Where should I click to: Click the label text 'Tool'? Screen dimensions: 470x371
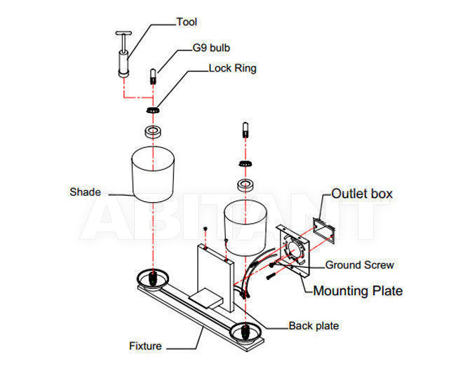187,22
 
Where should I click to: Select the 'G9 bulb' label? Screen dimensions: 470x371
211,48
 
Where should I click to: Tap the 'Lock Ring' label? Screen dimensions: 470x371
232,68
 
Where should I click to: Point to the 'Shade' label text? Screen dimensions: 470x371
85,191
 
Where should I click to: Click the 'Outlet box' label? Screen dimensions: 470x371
362,194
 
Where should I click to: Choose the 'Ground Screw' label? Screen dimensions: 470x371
359,265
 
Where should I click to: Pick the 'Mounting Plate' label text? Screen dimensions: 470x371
358,290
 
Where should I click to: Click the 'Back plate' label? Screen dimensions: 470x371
314,325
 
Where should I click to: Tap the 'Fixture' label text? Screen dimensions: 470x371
145,346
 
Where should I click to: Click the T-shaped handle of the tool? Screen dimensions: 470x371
123,33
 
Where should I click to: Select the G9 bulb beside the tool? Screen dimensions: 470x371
153,76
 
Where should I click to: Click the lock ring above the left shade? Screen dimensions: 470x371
153,110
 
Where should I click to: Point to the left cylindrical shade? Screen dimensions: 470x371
153,174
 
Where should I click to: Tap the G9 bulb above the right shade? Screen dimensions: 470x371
246,130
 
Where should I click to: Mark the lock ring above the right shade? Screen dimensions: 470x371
246,163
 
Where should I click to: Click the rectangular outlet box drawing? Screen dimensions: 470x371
323,229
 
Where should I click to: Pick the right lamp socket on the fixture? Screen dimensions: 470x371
246,332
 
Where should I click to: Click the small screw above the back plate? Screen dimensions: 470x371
206,229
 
